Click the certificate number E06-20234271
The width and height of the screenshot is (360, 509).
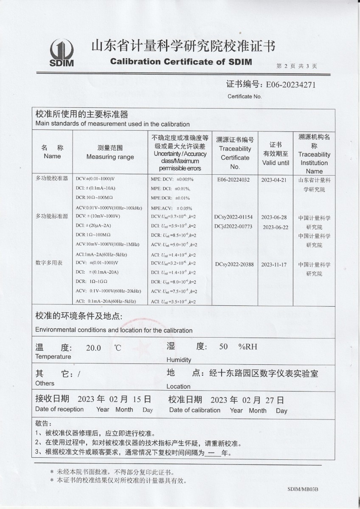(x=290, y=84)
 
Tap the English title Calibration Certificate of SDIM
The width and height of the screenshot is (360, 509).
(x=181, y=62)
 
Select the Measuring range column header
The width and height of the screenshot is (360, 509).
(x=110, y=153)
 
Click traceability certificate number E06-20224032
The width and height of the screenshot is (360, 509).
(x=233, y=179)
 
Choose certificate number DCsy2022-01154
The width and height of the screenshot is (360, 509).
(x=234, y=217)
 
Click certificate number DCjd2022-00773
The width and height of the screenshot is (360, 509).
(x=234, y=226)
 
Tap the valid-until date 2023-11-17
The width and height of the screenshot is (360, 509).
(x=274, y=265)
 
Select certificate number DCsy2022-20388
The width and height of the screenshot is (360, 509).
(x=234, y=265)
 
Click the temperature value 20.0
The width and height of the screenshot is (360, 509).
(x=93, y=348)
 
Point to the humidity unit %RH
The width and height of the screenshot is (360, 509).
(x=247, y=347)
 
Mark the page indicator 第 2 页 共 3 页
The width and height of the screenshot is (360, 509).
(x=296, y=66)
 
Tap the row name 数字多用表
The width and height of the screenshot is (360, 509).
(x=49, y=263)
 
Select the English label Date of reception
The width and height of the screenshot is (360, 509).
(x=59, y=409)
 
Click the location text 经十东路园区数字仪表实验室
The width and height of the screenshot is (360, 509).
(x=263, y=374)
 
